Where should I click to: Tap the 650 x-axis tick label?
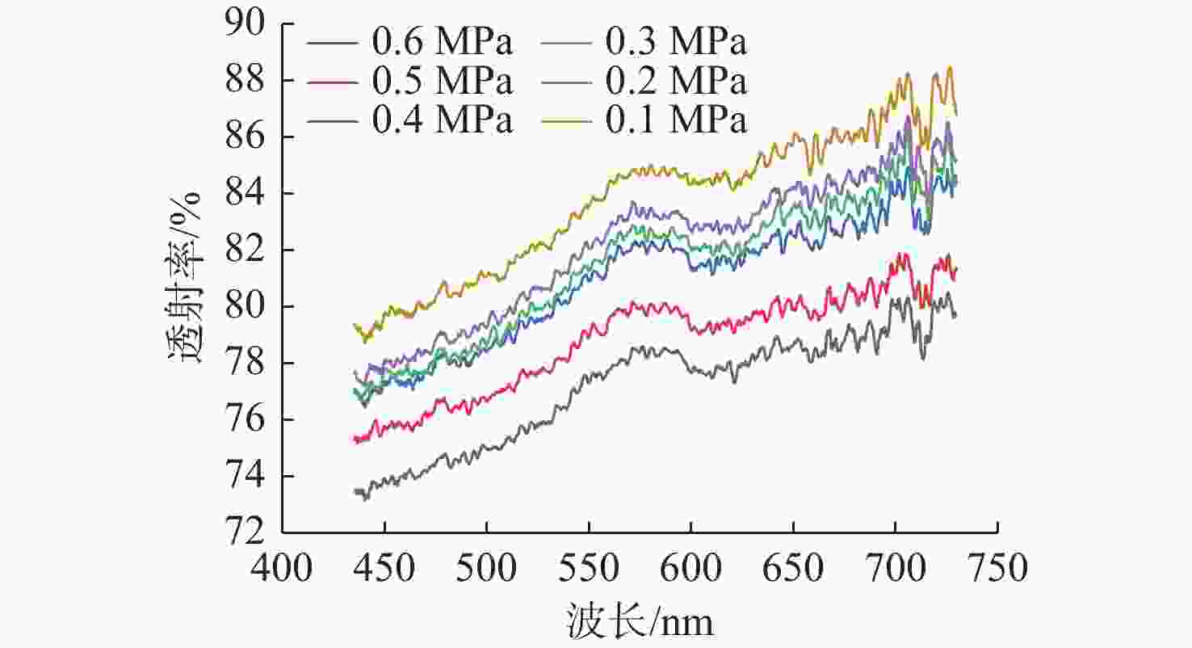point(793,567)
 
